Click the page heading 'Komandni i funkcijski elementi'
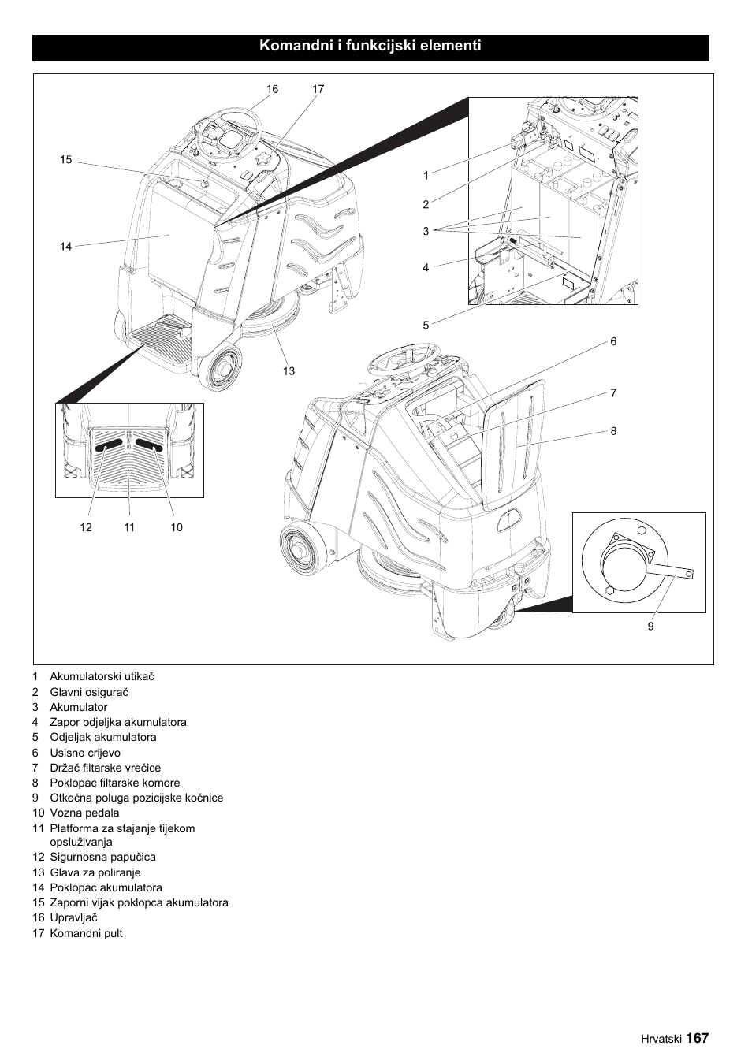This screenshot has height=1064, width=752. click(370, 47)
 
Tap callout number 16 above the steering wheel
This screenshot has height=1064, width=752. click(272, 89)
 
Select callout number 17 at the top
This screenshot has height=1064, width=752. click(318, 89)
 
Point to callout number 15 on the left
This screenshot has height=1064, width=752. click(65, 160)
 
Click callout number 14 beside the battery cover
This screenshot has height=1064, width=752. click(65, 247)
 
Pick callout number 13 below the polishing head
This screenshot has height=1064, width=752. click(289, 371)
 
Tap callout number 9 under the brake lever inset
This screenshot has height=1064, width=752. click(650, 627)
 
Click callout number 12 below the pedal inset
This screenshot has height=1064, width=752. click(86, 527)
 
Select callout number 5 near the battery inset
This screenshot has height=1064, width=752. click(426, 325)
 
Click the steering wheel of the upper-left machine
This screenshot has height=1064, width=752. click(229, 134)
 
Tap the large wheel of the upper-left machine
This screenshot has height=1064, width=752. click(221, 367)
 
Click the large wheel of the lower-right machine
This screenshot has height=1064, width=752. click(303, 549)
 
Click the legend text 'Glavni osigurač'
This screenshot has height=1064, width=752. click(88, 692)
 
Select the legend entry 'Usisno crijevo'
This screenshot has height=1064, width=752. click(85, 753)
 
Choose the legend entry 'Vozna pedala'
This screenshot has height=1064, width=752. click(84, 813)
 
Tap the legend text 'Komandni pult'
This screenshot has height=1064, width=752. click(86, 933)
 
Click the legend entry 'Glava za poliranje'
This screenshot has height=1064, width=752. click(95, 872)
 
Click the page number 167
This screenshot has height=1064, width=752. click(697, 1038)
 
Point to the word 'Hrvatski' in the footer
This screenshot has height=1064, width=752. click(661, 1039)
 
